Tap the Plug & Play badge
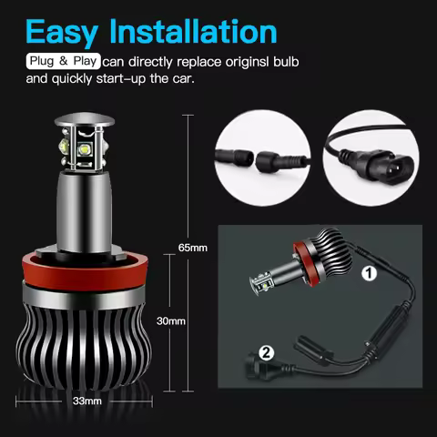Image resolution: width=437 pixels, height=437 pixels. coord(62,61)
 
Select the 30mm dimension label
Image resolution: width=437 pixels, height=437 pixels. coord(170,321)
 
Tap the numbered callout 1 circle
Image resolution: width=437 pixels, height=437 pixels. coord(370,272)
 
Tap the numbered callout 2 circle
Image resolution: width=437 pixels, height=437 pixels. coord(265,351)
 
